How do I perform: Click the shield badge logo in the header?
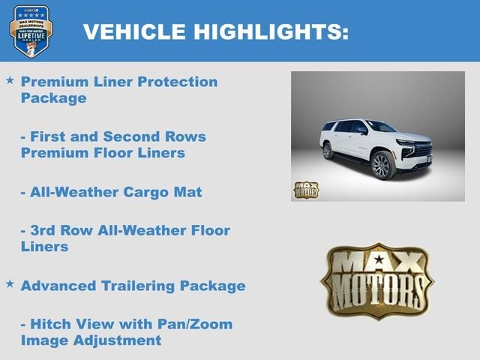pos(31,30)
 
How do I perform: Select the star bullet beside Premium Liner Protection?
pos(10,79)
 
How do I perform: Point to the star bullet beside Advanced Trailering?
pos(10,283)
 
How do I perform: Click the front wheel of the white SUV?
pos(382,166)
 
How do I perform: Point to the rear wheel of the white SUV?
pos(328,151)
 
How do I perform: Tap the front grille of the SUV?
pos(423,149)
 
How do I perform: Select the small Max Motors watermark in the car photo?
pos(305,190)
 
